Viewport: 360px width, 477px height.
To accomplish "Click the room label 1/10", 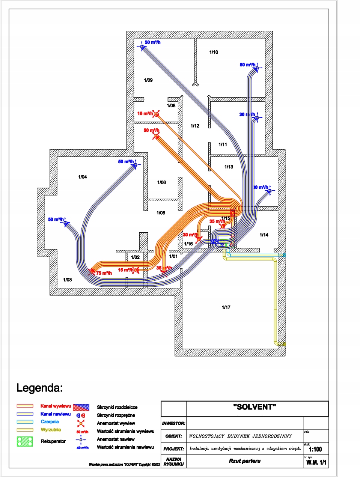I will [x=214, y=52].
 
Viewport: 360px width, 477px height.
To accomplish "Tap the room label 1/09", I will [x=148, y=80].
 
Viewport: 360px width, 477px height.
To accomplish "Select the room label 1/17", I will [x=226, y=307].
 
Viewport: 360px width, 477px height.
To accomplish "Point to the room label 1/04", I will [x=83, y=177].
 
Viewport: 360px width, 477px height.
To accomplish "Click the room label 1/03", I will [x=68, y=280].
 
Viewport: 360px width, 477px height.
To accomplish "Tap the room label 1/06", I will [x=161, y=182].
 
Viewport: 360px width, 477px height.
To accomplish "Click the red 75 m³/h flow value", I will [x=104, y=273].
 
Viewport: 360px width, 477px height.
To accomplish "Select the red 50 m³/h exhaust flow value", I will [x=151, y=131].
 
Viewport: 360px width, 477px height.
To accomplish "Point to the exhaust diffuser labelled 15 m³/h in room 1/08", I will [x=156, y=114].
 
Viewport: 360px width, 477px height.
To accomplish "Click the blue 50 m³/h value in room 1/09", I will [x=152, y=42].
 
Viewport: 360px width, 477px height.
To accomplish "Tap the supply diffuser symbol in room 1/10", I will [x=257, y=68].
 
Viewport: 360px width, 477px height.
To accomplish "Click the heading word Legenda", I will [x=39, y=388].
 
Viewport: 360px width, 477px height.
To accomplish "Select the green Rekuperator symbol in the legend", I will [x=25, y=441].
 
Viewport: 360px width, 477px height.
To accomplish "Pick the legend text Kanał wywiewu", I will [x=56, y=406].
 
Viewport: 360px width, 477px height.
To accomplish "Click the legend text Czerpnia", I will [x=50, y=422].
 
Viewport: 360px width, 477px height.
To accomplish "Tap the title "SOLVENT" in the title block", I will [x=255, y=407].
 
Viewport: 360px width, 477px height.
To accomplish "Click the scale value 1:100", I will [x=315, y=450].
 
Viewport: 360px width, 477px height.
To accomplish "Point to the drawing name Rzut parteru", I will [x=244, y=461].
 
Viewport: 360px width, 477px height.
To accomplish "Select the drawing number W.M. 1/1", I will [x=316, y=463].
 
